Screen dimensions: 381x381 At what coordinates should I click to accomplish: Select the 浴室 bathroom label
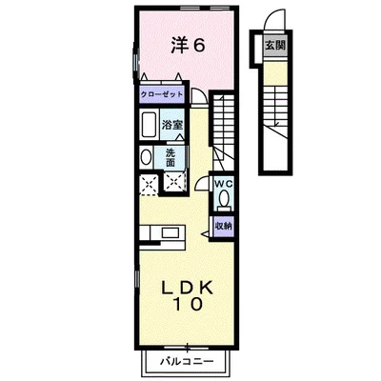[171, 125]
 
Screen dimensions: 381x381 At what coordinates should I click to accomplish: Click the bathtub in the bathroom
[149, 126]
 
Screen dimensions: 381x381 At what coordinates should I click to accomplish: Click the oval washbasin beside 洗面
[146, 157]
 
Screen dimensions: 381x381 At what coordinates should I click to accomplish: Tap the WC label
[224, 183]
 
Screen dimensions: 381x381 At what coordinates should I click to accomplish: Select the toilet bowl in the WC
[224, 198]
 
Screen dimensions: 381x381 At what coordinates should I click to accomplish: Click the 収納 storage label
[223, 225]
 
